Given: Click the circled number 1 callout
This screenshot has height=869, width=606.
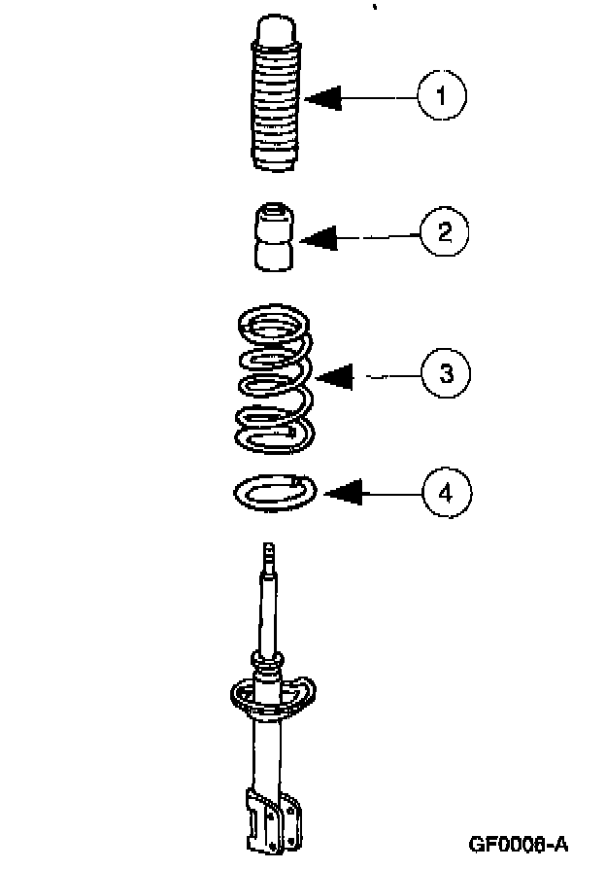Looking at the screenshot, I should [x=442, y=96].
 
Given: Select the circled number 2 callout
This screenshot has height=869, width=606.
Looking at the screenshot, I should [x=444, y=231].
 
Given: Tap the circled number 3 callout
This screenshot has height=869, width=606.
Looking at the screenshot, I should [x=446, y=373].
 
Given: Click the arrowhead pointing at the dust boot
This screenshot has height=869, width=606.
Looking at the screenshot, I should [x=323, y=97].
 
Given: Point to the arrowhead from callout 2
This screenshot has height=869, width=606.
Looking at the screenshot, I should [x=319, y=237].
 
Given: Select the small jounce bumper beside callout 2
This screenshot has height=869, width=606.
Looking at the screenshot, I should [x=275, y=236].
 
